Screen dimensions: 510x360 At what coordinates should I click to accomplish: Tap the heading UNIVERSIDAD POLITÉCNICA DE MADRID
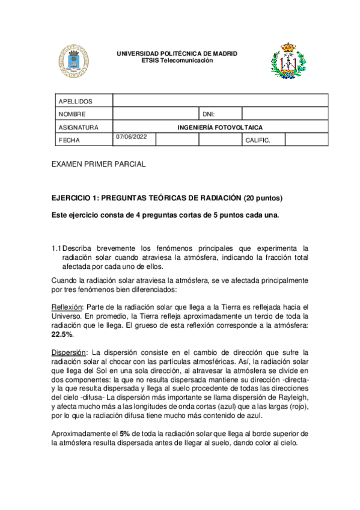point(177,54)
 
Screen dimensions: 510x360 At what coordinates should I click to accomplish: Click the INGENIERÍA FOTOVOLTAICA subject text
point(220,127)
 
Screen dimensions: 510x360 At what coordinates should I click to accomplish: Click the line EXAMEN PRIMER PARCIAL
point(99,164)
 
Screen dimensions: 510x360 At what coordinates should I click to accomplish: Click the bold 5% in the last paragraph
point(125,434)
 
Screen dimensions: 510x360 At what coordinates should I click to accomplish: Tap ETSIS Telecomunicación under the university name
point(177,61)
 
